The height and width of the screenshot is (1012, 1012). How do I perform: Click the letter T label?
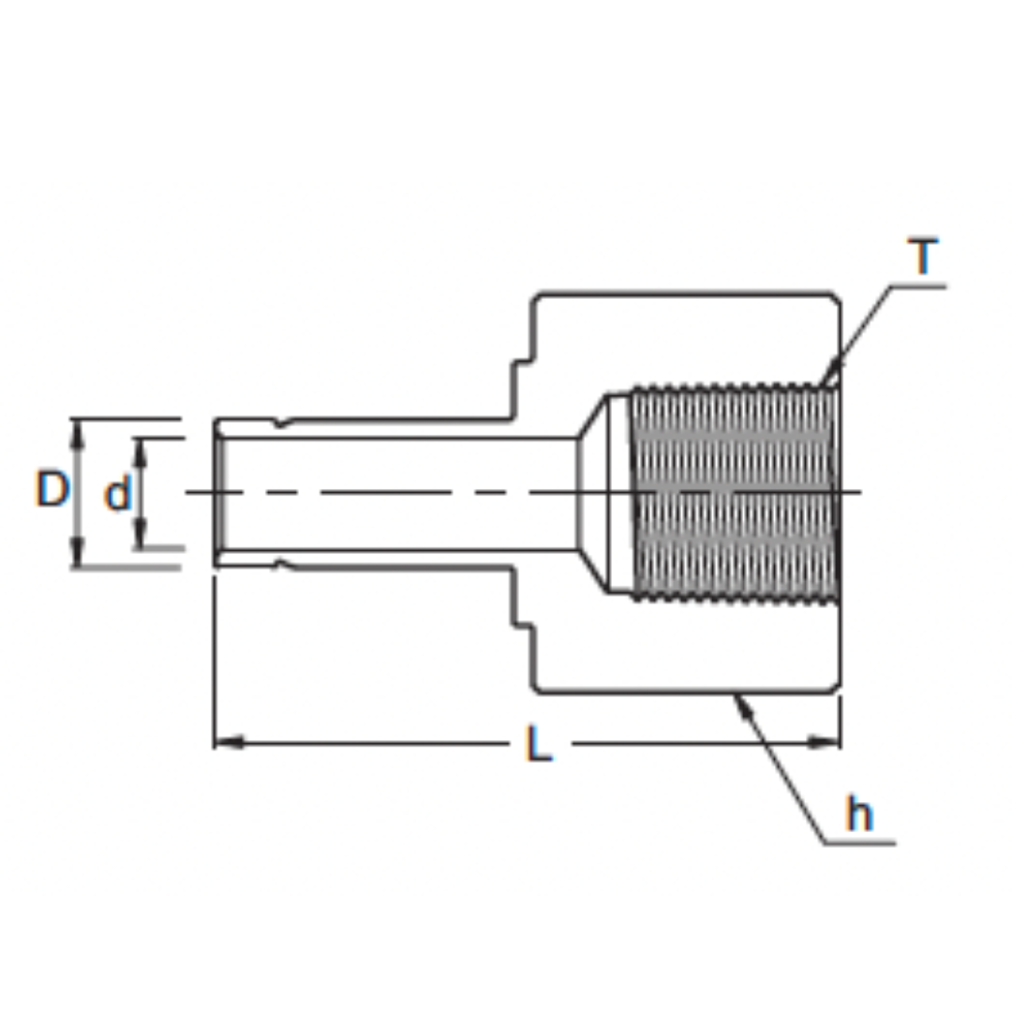point(923,256)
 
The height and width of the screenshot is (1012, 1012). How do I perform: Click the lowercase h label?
point(859,814)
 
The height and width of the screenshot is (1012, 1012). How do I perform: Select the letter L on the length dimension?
point(540,743)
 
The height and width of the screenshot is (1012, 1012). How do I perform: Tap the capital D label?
point(52,488)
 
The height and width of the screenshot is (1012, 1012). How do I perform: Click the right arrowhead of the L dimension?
point(825,743)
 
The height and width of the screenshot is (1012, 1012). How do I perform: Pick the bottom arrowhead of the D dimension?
point(78,554)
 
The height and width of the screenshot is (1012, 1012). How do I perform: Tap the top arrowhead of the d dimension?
point(141,453)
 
